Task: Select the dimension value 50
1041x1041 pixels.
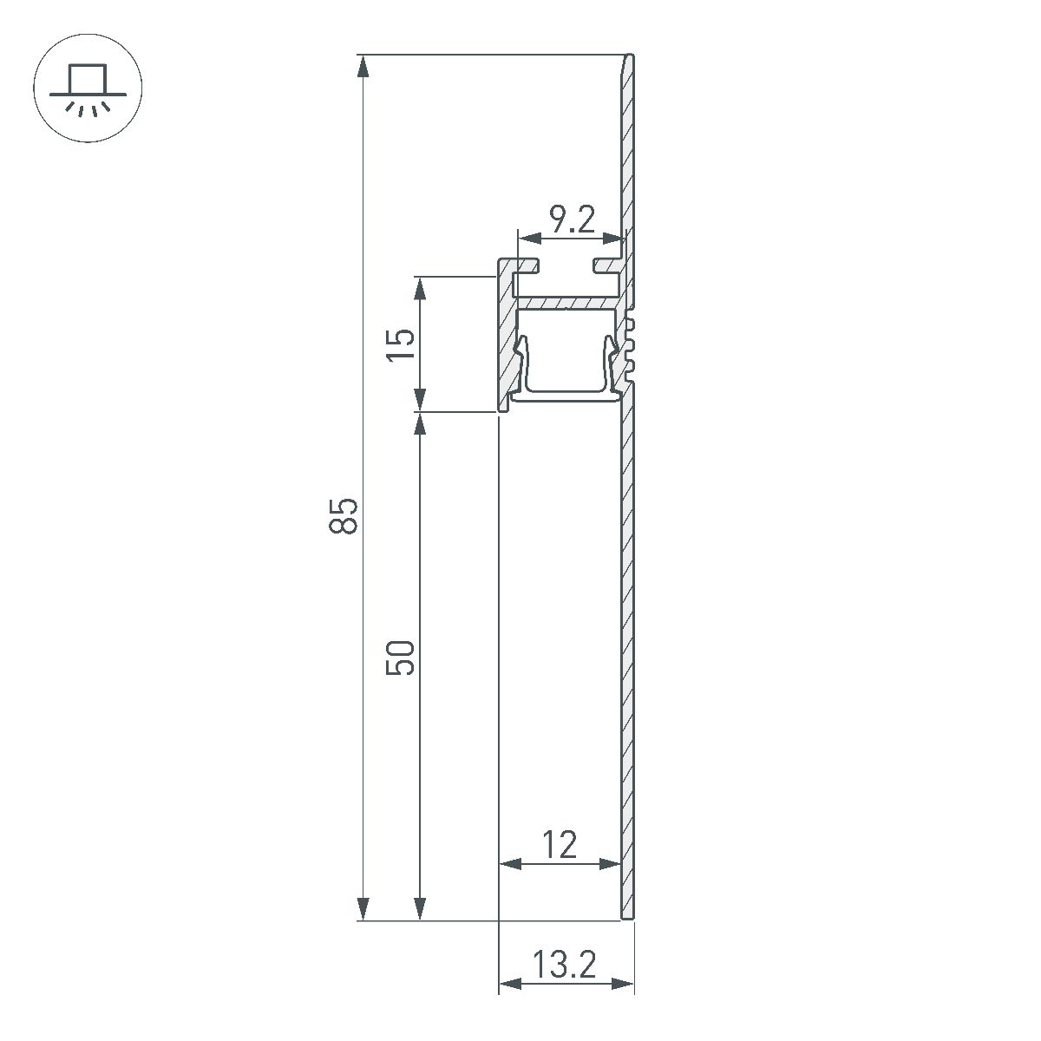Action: tap(402, 658)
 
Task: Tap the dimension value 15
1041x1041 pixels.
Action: tap(402, 344)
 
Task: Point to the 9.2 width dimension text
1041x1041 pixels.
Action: tap(572, 220)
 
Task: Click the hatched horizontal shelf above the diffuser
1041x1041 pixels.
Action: tap(568, 304)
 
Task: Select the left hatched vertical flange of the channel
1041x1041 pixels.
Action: tap(505, 338)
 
